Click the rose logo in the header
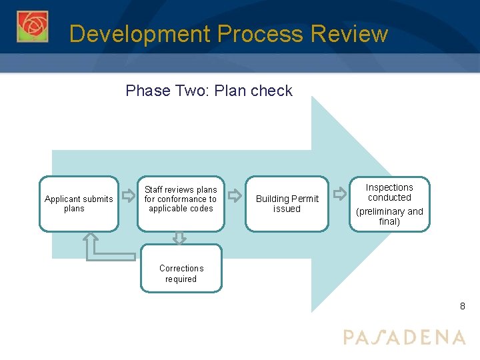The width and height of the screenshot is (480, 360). pyautogui.click(x=33, y=27)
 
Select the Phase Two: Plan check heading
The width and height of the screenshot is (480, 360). pyautogui.click(x=209, y=91)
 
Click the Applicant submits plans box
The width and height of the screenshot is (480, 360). pyautogui.click(x=79, y=203)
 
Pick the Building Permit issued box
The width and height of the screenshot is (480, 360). pyautogui.click(x=287, y=203)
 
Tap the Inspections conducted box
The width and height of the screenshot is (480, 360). pyautogui.click(x=389, y=203)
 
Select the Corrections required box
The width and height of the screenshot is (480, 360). pyautogui.click(x=181, y=273)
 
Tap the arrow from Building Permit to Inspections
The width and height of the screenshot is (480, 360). pyautogui.click(x=340, y=195)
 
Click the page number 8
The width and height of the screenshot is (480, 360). pyautogui.click(x=462, y=307)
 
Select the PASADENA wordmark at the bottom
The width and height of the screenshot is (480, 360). pyautogui.click(x=404, y=337)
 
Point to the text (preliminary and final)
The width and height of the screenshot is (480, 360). pyautogui.click(x=389, y=216)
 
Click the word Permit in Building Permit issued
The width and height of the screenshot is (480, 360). pyautogui.click(x=305, y=199)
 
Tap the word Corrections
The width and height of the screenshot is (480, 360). pyautogui.click(x=181, y=269)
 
